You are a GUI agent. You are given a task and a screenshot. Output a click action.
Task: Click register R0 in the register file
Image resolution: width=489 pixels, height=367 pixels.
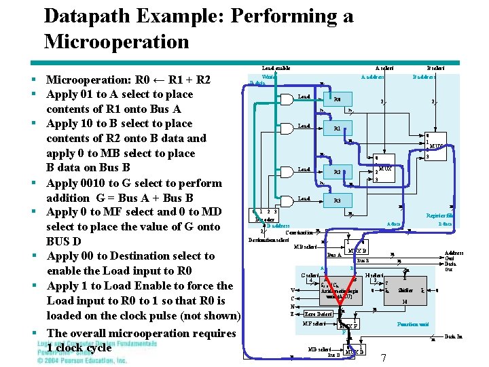tap(338, 99)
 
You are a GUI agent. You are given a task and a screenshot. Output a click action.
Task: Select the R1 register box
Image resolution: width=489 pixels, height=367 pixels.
tap(338, 128)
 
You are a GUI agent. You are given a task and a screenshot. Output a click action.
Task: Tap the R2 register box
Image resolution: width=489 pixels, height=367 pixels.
tap(338, 172)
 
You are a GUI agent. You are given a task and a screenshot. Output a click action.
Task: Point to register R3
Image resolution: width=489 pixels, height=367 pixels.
tap(338, 201)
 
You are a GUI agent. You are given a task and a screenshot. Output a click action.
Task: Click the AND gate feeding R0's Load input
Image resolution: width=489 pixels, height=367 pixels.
tap(304, 97)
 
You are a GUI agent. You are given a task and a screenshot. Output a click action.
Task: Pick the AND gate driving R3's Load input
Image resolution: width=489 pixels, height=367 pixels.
tap(304, 199)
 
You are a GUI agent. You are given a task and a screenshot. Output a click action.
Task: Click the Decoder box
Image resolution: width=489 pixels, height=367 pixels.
tap(265, 219)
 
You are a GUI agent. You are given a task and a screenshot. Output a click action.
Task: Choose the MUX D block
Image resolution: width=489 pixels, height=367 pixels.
tap(355, 351)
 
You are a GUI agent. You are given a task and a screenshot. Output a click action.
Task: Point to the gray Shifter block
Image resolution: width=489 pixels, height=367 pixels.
tap(405, 290)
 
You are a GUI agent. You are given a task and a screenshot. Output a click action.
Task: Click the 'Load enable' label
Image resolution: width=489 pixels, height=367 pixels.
tap(276, 68)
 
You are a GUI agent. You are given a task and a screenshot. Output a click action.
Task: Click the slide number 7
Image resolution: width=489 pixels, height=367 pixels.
tap(384, 357)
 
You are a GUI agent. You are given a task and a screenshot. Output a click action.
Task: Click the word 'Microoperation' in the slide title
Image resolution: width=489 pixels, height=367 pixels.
tap(116, 41)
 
